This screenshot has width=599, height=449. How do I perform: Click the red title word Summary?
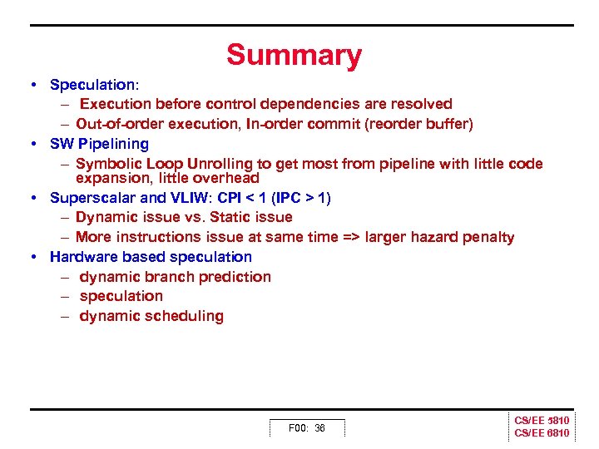pos(294,55)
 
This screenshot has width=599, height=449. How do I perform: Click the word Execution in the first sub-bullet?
pos(116,104)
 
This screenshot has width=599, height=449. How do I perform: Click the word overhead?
pos(225,178)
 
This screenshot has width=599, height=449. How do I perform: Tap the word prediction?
pos(235,277)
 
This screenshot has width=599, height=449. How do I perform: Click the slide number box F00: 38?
pos(307,428)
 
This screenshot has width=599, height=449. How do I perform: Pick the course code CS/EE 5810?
pos(542,421)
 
